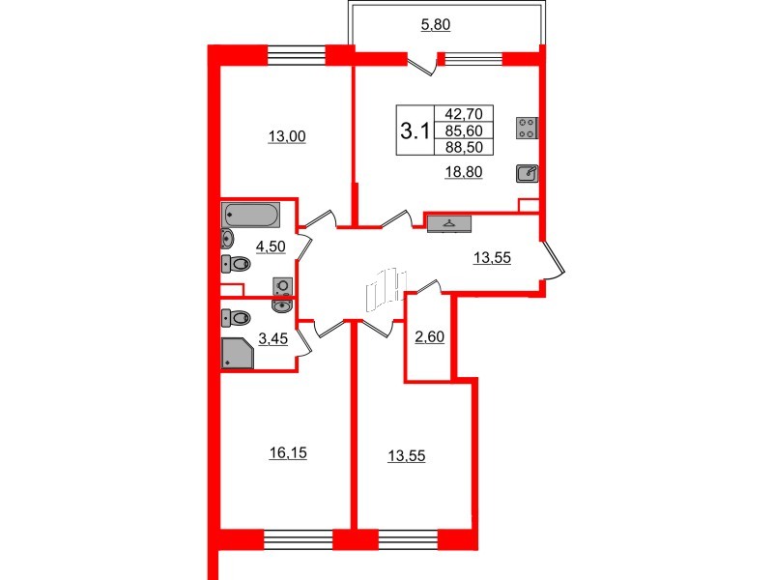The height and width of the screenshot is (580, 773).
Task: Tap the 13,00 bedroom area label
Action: [286, 136]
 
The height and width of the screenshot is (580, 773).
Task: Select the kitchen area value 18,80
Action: [465, 172]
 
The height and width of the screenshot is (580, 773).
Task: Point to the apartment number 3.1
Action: [415, 131]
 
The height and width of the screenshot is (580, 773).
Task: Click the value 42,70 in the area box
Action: [464, 114]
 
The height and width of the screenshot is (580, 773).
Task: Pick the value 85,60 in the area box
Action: [464, 130]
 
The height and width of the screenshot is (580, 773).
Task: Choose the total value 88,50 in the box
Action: [464, 147]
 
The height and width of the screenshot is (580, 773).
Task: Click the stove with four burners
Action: [527, 128]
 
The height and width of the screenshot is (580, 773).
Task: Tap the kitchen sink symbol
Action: [527, 173]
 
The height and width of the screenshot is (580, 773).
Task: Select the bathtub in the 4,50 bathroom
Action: [251, 214]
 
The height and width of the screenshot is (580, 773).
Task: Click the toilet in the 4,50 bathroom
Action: [235, 263]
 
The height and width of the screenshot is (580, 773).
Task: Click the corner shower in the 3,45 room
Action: [238, 354]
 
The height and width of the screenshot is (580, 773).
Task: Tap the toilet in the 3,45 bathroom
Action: [235, 316]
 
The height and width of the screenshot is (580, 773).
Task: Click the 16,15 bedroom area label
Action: [286, 451]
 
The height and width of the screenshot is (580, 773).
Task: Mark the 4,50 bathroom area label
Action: [269, 247]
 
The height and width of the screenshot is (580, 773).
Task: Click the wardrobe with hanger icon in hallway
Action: [448, 223]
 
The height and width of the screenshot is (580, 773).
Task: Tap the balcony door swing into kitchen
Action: [422, 64]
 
